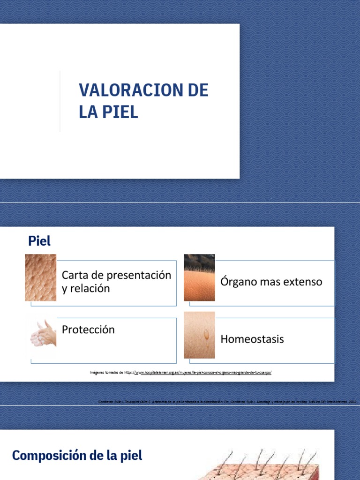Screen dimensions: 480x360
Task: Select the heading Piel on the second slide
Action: pyautogui.click(x=39, y=241)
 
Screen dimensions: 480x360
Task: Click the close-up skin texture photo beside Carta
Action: pyautogui.click(x=41, y=277)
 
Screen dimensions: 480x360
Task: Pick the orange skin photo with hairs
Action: pyautogui.click(x=199, y=277)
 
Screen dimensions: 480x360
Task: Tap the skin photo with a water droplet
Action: pyautogui.click(x=199, y=335)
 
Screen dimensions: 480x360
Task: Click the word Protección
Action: pyautogui.click(x=88, y=330)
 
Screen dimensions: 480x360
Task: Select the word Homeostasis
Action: pyautogui.click(x=252, y=339)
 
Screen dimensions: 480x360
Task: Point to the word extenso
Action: pyautogui.click(x=302, y=282)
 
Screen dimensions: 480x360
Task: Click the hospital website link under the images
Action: pyautogui.click(x=202, y=372)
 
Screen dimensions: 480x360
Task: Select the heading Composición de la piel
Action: pyautogui.click(x=77, y=455)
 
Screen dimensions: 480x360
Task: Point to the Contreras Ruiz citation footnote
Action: pyautogui.click(x=228, y=402)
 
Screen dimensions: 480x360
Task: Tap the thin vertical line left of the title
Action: pyautogui.click(x=60, y=101)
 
